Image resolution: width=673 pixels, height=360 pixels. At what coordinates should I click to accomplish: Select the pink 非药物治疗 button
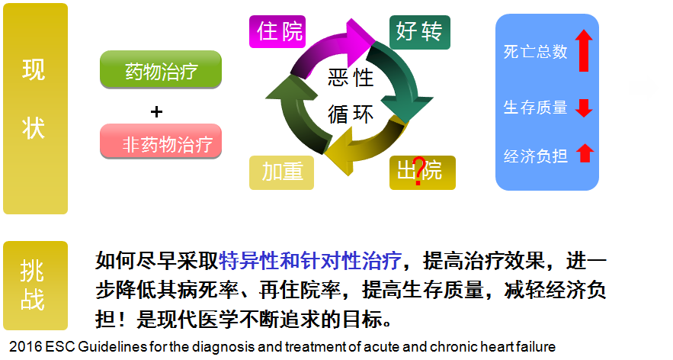(x=161, y=142)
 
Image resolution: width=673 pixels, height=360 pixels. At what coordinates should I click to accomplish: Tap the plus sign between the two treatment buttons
(x=157, y=111)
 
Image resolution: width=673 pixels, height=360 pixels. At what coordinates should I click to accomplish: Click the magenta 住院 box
(x=280, y=32)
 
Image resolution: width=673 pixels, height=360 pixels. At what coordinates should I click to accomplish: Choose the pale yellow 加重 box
(x=282, y=172)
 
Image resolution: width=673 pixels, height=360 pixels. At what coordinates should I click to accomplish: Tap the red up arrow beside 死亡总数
(x=584, y=50)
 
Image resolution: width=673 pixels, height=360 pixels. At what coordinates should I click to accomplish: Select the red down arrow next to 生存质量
(x=584, y=108)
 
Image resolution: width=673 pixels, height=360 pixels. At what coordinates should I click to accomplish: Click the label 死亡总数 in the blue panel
(x=536, y=52)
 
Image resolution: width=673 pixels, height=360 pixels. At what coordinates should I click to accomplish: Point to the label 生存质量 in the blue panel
(x=536, y=108)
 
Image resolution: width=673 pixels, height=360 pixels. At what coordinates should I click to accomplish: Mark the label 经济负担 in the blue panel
(x=536, y=156)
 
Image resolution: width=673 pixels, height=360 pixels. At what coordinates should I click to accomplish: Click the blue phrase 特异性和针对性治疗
(x=310, y=262)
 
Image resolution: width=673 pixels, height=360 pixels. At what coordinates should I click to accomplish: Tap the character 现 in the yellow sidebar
(x=34, y=70)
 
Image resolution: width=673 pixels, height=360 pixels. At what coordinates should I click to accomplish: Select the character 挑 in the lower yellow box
(x=33, y=268)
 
